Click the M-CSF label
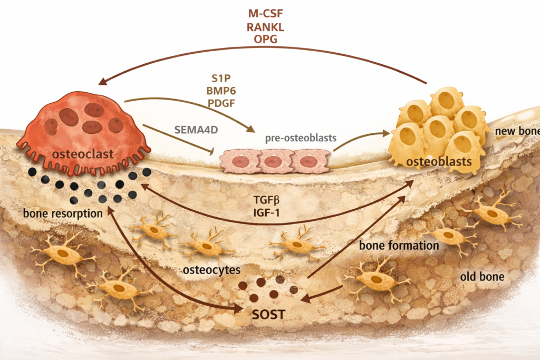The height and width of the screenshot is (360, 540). (271, 12)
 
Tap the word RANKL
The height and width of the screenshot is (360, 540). (271, 26)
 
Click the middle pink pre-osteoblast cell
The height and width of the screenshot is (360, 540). (272, 161)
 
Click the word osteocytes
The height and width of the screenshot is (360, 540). (211, 270)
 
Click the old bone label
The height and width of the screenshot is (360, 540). (482, 277)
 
